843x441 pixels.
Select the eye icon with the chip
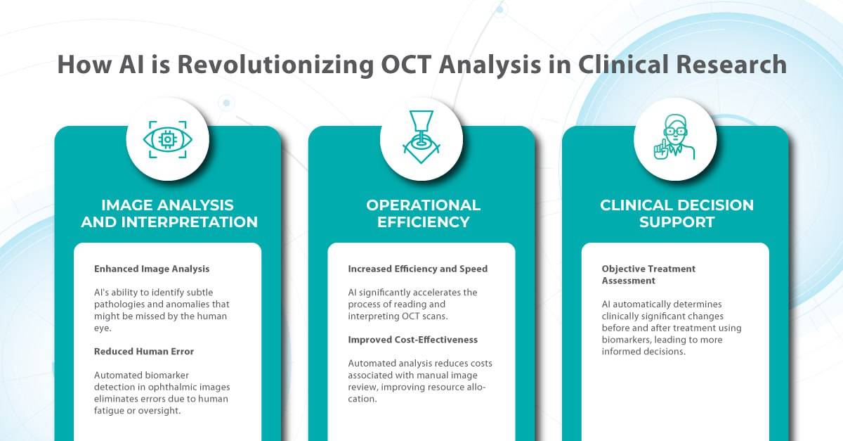(x=168, y=139)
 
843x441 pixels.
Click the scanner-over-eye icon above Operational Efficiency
(x=421, y=138)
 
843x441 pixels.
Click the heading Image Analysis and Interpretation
(x=168, y=214)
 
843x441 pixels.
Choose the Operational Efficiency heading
(x=423, y=214)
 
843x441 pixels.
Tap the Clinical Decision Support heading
(x=677, y=214)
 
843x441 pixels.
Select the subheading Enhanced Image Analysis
(x=152, y=269)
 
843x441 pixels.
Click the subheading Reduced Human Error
(x=144, y=351)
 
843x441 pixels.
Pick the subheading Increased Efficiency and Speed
(x=417, y=269)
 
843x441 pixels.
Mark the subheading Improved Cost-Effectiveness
(x=413, y=340)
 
